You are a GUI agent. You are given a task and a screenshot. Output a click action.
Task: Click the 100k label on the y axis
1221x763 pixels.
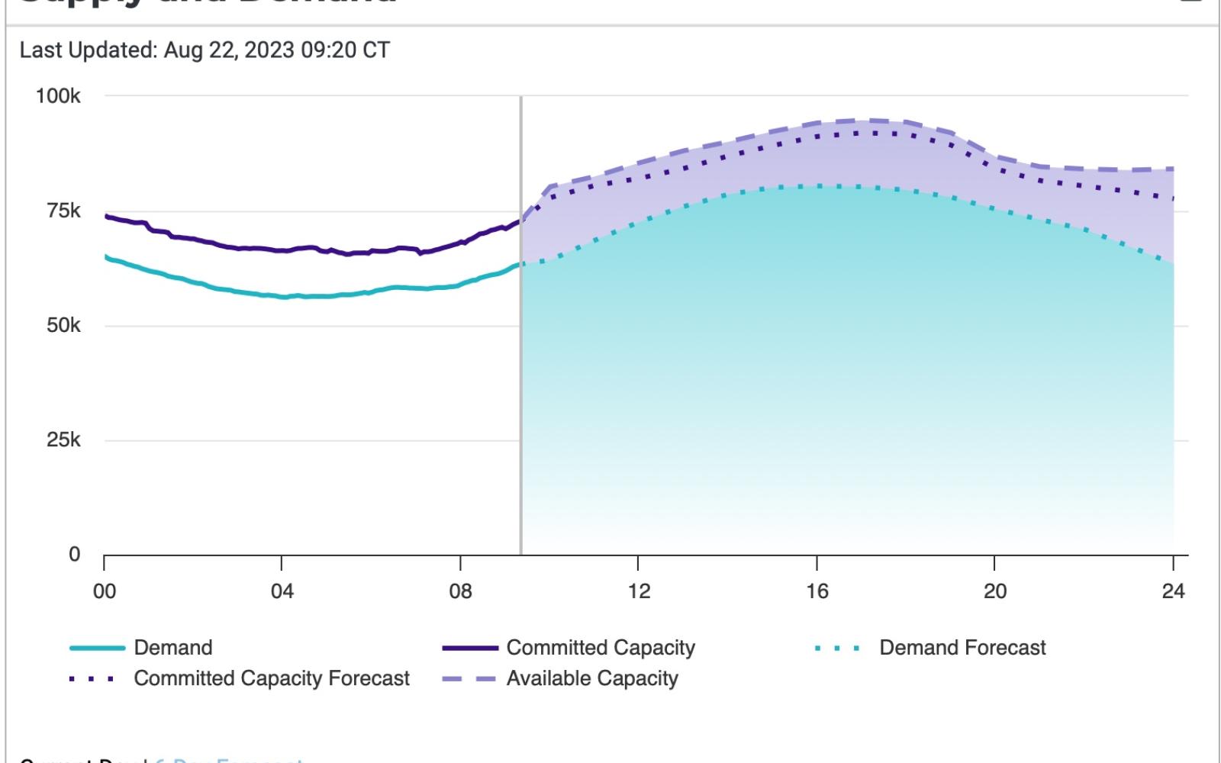coord(58,96)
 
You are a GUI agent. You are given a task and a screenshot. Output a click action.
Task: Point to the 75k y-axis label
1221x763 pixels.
coord(63,211)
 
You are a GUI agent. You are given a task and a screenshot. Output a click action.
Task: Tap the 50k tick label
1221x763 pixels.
coord(63,326)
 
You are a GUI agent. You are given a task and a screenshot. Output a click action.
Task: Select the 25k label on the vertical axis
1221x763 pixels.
coord(63,440)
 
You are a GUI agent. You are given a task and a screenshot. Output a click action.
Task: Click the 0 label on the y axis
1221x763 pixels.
coord(74,555)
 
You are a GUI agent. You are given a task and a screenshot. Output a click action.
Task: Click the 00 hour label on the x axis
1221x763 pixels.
coord(105,591)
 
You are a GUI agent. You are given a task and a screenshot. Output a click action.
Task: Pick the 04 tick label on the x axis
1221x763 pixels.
coord(282,591)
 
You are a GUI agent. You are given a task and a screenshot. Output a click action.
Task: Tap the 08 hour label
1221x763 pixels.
coord(460,591)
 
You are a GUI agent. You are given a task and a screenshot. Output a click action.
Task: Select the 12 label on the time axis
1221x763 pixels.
coord(639,591)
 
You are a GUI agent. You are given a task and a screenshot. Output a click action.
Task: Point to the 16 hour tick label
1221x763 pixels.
coord(817,591)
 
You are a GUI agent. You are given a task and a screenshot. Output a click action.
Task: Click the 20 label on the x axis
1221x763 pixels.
coord(994,591)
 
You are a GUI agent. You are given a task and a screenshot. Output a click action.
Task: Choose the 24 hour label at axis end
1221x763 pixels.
coord(1173,591)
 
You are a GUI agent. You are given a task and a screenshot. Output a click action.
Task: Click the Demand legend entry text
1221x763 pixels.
coord(173,648)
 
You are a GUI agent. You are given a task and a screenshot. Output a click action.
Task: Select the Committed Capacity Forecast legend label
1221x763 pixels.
coord(272,678)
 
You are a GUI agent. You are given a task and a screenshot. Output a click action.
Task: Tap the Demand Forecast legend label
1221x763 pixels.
coord(962,648)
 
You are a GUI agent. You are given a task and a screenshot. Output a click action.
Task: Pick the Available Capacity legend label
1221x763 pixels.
coord(592,678)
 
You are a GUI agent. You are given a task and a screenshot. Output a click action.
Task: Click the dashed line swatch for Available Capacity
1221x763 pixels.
coord(469,678)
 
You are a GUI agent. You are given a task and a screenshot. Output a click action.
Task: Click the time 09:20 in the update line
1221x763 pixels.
coord(331,50)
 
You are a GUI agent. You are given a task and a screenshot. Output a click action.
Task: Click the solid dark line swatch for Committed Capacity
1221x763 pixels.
coord(469,648)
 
